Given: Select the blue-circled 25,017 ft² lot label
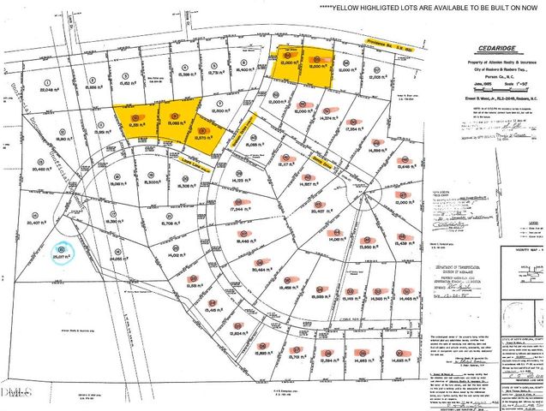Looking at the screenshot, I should point(59,255).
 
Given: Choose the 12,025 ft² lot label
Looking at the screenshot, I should point(378,77).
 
